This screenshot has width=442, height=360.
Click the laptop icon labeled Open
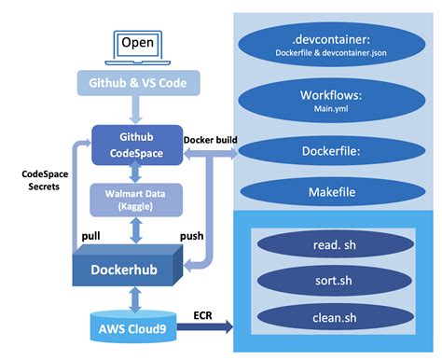(x=139, y=46)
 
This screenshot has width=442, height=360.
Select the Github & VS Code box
(x=139, y=83)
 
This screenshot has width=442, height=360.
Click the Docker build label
(x=210, y=141)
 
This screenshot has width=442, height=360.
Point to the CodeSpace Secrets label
(x=43, y=179)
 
